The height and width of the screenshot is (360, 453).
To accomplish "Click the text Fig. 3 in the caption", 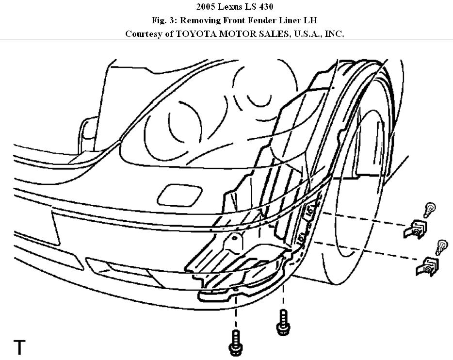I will click(165, 21).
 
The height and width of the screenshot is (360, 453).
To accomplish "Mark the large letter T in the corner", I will click(19, 347).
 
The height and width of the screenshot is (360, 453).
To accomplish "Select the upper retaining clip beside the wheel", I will click(415, 229).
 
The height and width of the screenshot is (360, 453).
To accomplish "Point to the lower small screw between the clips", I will click(441, 246).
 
